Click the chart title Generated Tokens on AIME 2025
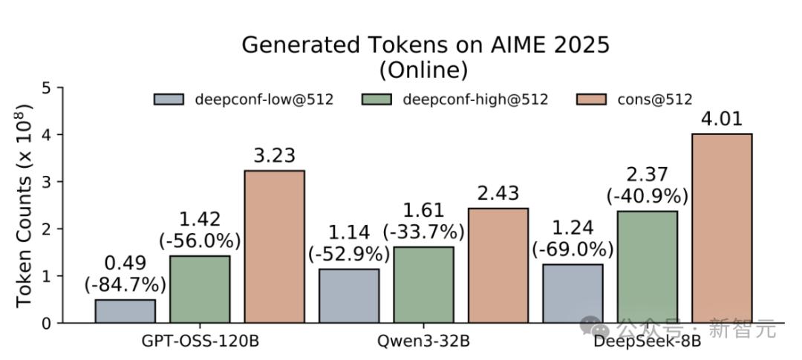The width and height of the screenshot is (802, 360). point(426,45)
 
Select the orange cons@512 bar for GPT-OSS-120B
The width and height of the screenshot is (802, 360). point(274,246)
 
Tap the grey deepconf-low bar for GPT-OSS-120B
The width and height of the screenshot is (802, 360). point(125,311)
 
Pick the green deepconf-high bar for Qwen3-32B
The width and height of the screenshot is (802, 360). point(423,284)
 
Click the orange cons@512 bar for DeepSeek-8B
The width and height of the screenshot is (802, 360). point(722,228)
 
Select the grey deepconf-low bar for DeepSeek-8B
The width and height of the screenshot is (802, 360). point(573,293)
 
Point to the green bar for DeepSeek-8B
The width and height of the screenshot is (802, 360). point(647,266)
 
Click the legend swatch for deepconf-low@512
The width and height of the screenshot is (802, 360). point(169,99)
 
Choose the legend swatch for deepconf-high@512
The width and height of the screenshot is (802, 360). point(376,99)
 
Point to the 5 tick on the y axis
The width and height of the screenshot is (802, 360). point(47,88)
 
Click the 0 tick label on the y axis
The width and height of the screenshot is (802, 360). point(47,324)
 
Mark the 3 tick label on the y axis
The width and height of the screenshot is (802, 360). point(47,182)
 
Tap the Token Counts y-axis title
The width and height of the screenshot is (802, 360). point(24,206)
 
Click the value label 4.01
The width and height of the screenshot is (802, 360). point(722,119)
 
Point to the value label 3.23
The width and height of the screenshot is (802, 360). point(274,156)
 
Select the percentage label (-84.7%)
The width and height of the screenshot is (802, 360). point(125,284)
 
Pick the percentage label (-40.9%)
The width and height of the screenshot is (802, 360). point(647,196)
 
